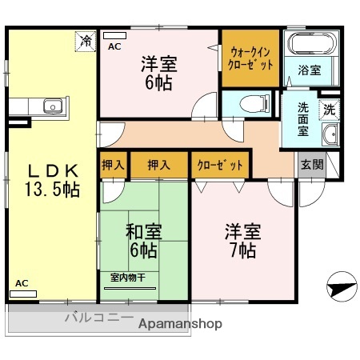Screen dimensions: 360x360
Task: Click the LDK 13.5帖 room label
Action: [x=51, y=180]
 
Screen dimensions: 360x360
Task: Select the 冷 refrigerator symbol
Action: [x=84, y=39]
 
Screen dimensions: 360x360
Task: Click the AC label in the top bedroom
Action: [x=115, y=47]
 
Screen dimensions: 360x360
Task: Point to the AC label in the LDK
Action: [x=22, y=283]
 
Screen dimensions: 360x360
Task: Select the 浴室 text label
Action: [x=310, y=70]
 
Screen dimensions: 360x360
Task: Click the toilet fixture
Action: [x=250, y=102]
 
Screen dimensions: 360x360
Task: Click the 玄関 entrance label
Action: [x=311, y=165]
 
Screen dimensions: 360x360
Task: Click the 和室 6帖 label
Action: [x=144, y=241]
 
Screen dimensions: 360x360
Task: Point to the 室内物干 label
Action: [x=128, y=278]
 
